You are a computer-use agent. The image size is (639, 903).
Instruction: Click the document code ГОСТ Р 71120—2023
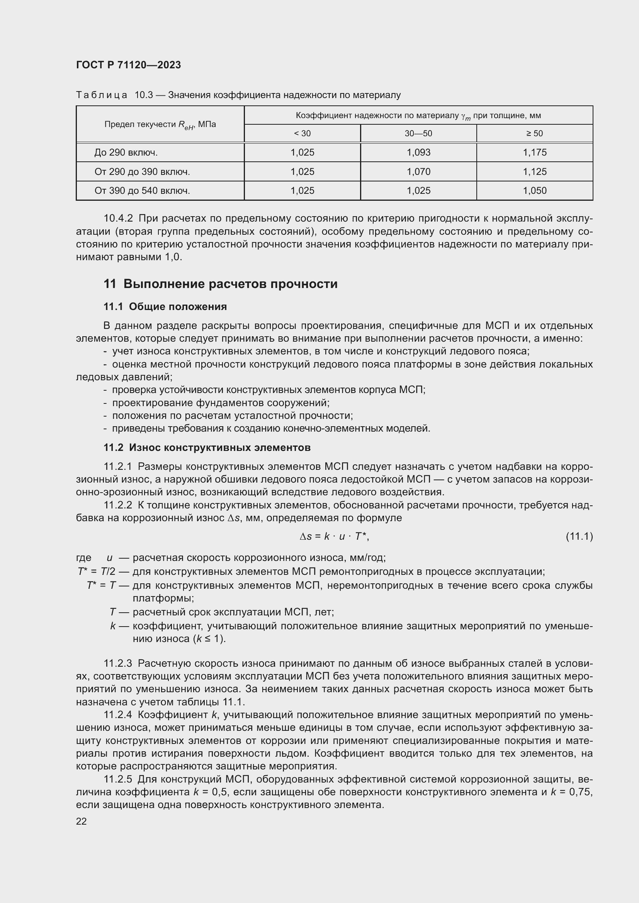[x=128, y=65]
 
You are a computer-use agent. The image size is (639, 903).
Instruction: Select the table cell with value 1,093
[x=418, y=152]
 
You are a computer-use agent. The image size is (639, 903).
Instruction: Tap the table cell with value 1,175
[x=534, y=152]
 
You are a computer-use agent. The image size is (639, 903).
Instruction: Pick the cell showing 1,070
[x=418, y=172]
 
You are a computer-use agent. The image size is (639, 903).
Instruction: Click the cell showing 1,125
[x=534, y=172]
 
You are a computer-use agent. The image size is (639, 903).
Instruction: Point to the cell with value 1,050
[x=534, y=191]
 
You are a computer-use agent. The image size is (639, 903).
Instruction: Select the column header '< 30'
[x=302, y=134]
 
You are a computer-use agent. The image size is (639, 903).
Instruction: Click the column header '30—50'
[x=418, y=134]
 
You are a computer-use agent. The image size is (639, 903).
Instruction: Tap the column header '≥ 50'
[x=534, y=134]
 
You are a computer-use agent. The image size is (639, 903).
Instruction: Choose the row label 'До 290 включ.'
[x=126, y=152]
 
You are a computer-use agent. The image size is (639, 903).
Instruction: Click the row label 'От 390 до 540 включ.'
[x=142, y=191]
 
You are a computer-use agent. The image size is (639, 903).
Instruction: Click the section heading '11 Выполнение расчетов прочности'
[x=220, y=284]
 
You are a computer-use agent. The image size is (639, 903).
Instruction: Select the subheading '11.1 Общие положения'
[x=165, y=307]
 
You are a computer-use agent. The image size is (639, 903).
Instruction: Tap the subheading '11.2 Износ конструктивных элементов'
[x=207, y=447]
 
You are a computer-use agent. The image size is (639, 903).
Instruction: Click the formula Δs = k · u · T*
[x=334, y=537]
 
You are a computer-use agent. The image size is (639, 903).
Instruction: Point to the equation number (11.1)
[x=579, y=537]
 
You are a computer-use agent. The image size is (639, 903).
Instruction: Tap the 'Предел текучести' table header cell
[x=160, y=125]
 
